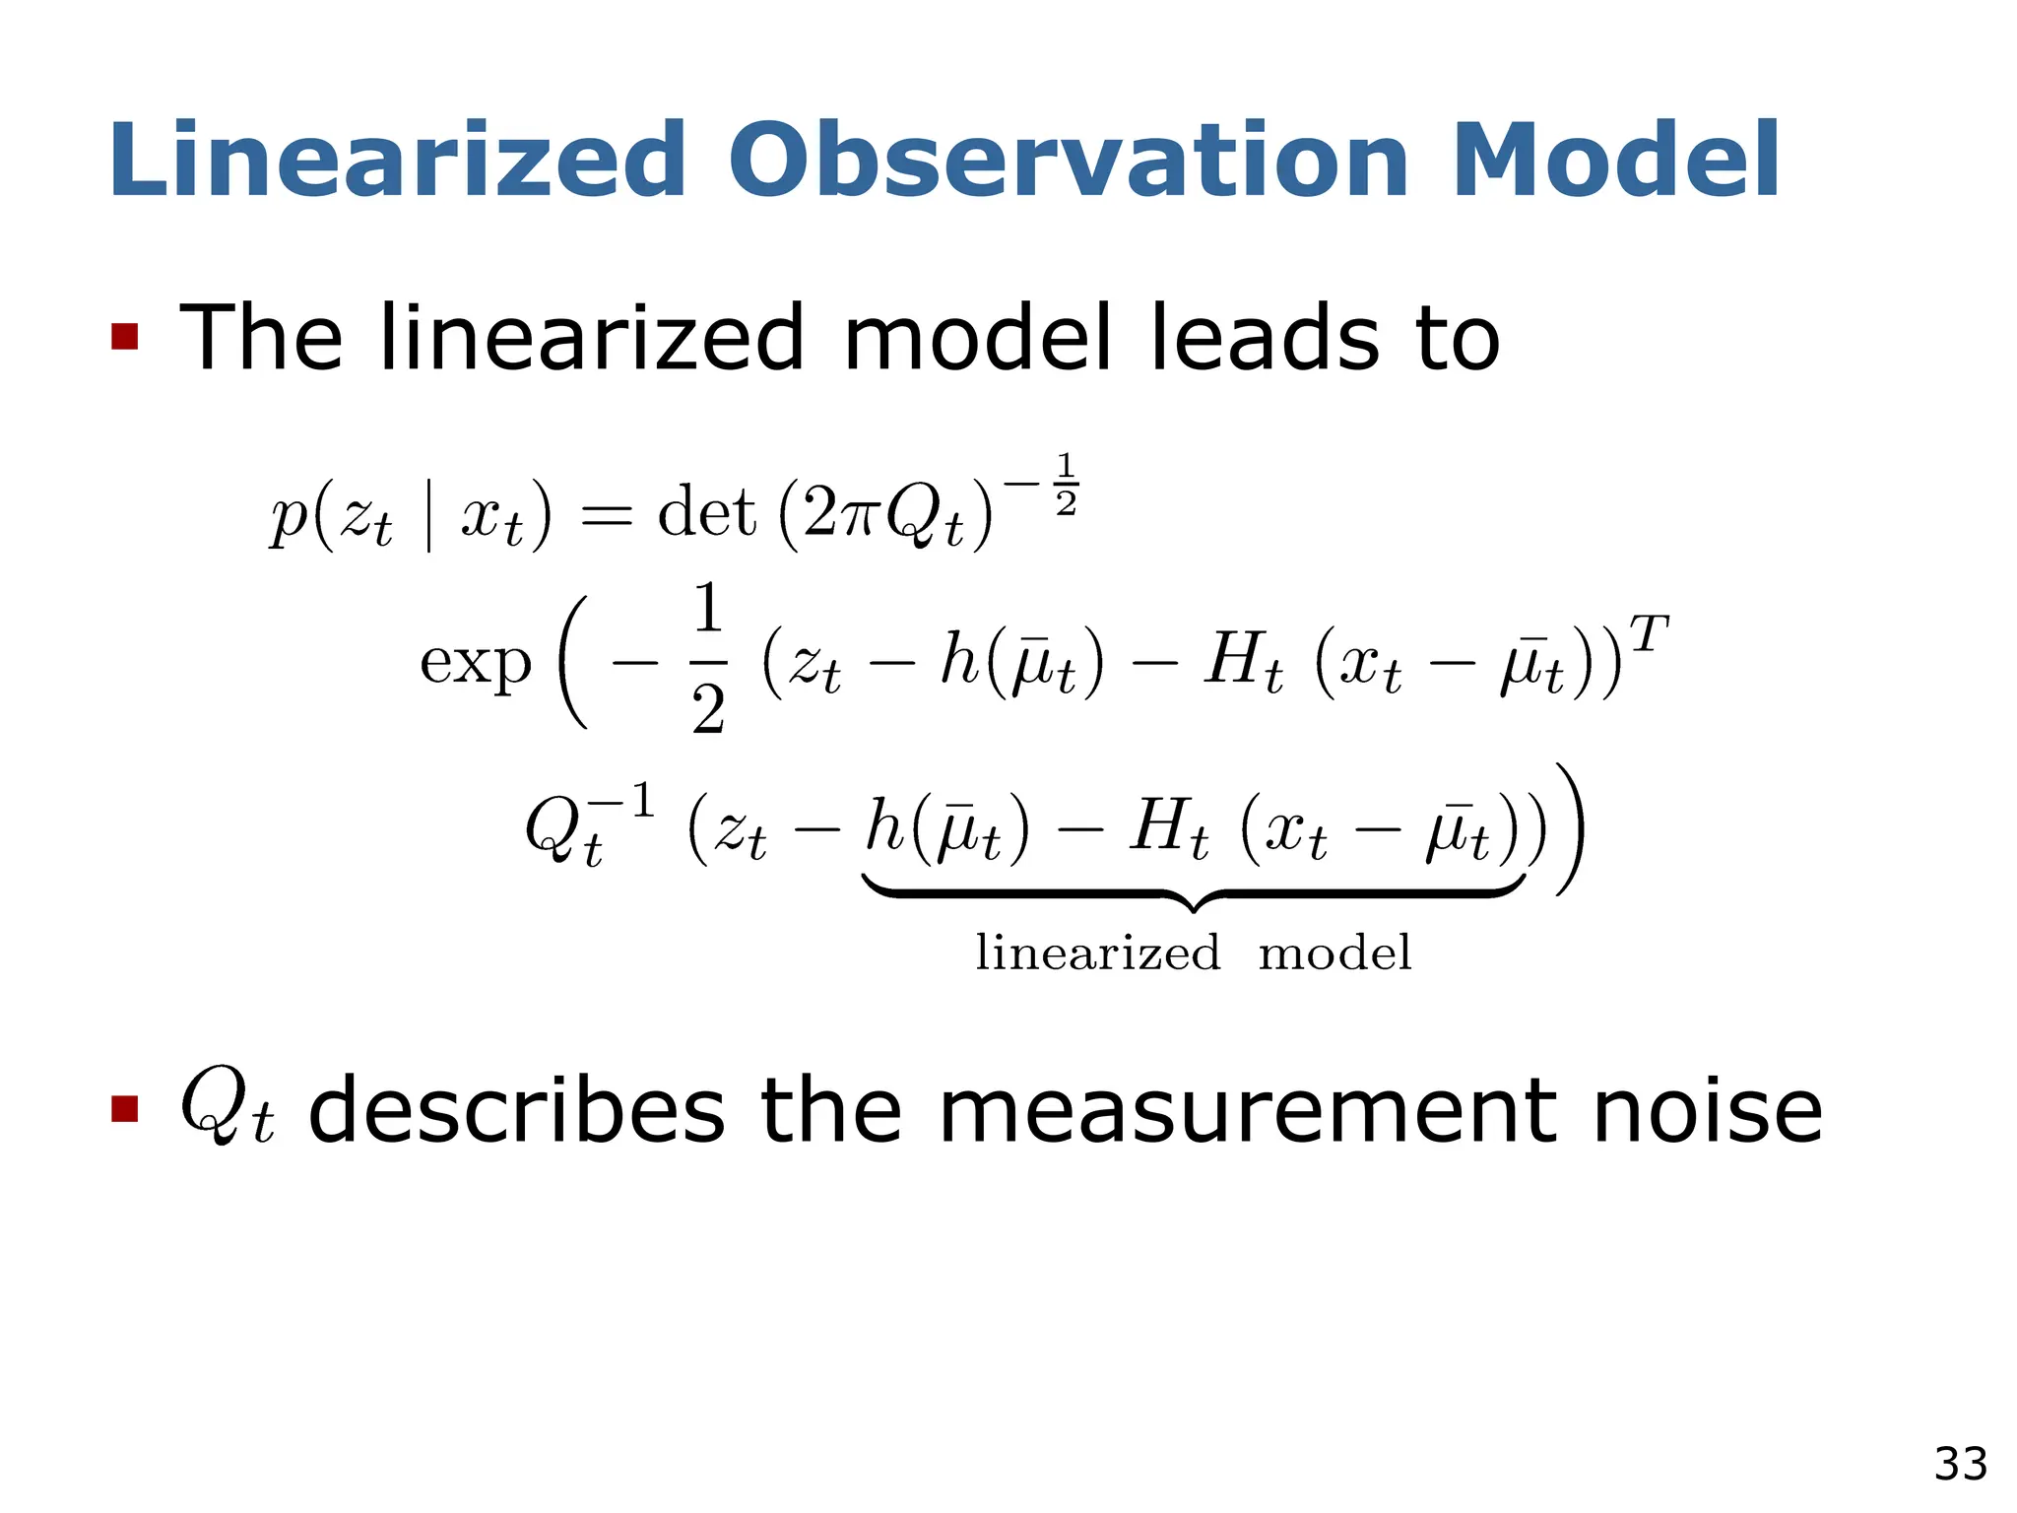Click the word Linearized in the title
point(397,161)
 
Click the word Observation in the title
point(1069,161)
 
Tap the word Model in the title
point(1615,161)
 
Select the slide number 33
point(1960,1464)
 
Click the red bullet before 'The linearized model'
point(125,337)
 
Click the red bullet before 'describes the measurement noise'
point(125,1109)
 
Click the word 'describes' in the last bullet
point(517,1111)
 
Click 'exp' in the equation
point(476,662)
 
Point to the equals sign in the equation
point(605,515)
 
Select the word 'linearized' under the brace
point(1097,953)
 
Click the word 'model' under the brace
point(1334,953)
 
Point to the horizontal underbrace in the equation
point(1194,892)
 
